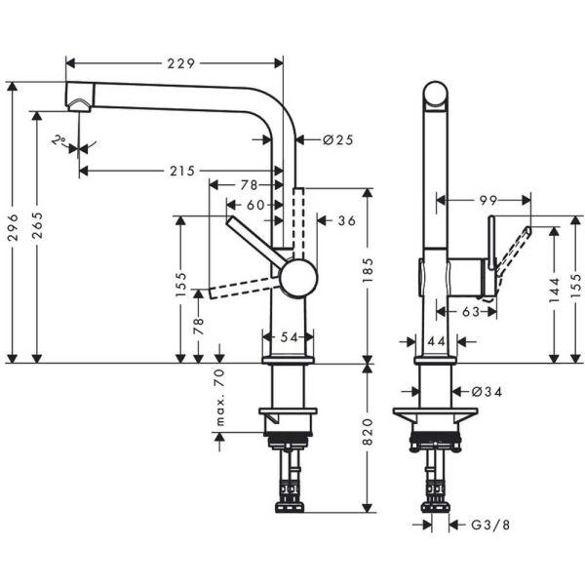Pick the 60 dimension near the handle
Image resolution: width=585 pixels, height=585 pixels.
click(254, 205)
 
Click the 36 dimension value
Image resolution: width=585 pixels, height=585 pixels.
click(346, 221)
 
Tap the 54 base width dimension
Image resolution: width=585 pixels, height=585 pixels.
click(290, 336)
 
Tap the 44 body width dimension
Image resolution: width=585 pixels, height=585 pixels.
click(435, 342)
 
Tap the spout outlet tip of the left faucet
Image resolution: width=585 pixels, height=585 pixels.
click(76, 104)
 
